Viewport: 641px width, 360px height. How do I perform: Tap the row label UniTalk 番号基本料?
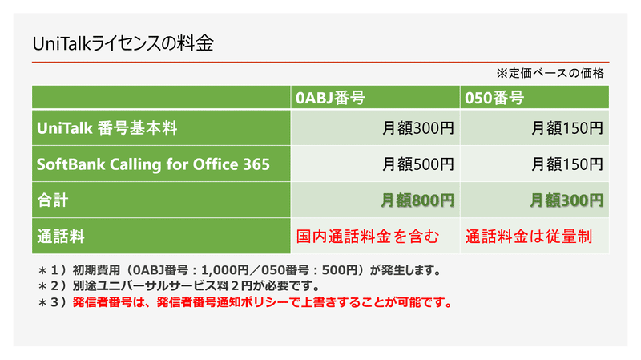tap(107, 127)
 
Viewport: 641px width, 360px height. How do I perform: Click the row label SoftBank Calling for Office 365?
tap(153, 164)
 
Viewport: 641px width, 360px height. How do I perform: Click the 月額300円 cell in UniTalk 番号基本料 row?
tap(417, 127)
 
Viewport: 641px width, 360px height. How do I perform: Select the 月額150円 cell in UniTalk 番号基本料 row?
tap(567, 127)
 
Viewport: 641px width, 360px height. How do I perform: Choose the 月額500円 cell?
tap(417, 164)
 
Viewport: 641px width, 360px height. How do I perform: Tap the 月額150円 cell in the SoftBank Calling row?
tap(567, 164)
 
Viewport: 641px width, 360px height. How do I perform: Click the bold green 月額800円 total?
tap(417, 200)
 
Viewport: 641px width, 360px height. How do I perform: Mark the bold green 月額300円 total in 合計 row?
tap(567, 200)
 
